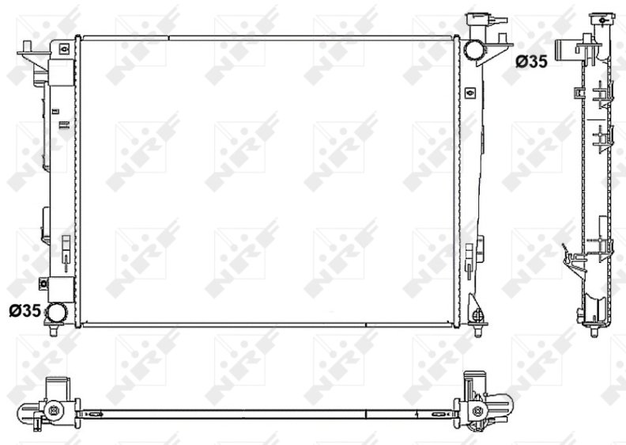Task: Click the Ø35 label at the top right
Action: point(531,62)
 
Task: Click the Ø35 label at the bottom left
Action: point(25,310)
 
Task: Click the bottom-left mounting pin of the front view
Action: point(54,330)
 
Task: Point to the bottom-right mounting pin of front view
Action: point(477,330)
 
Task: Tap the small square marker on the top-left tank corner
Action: point(64,49)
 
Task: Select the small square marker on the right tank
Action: point(471,93)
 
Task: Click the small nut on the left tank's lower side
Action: point(43,283)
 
